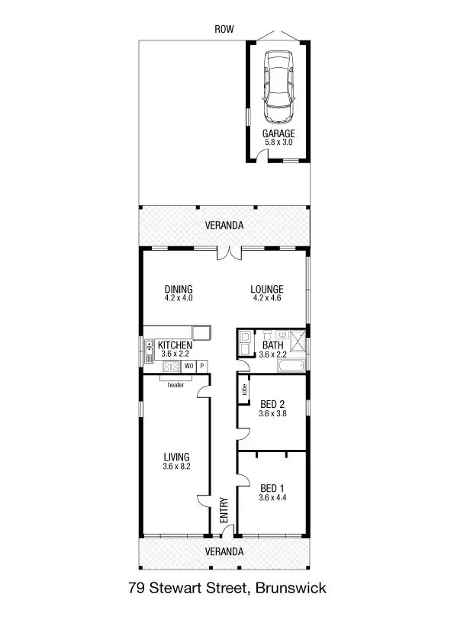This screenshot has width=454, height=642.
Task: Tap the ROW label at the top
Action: (224, 29)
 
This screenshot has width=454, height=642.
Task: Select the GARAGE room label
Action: (278, 133)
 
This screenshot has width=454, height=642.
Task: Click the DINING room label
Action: (179, 290)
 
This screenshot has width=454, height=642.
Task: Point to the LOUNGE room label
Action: (267, 290)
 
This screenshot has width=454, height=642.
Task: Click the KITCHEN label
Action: (175, 345)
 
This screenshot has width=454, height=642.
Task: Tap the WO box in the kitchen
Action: (188, 366)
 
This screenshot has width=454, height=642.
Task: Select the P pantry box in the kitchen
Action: (202, 366)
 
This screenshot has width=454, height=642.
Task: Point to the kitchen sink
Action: (150, 345)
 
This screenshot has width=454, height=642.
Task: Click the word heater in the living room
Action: (176, 384)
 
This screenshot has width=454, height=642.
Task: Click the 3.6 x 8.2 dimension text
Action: (175, 467)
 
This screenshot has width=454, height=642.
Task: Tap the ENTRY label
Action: (224, 509)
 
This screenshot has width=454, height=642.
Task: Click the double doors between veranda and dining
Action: (227, 253)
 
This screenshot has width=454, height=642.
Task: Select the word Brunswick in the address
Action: (291, 589)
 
